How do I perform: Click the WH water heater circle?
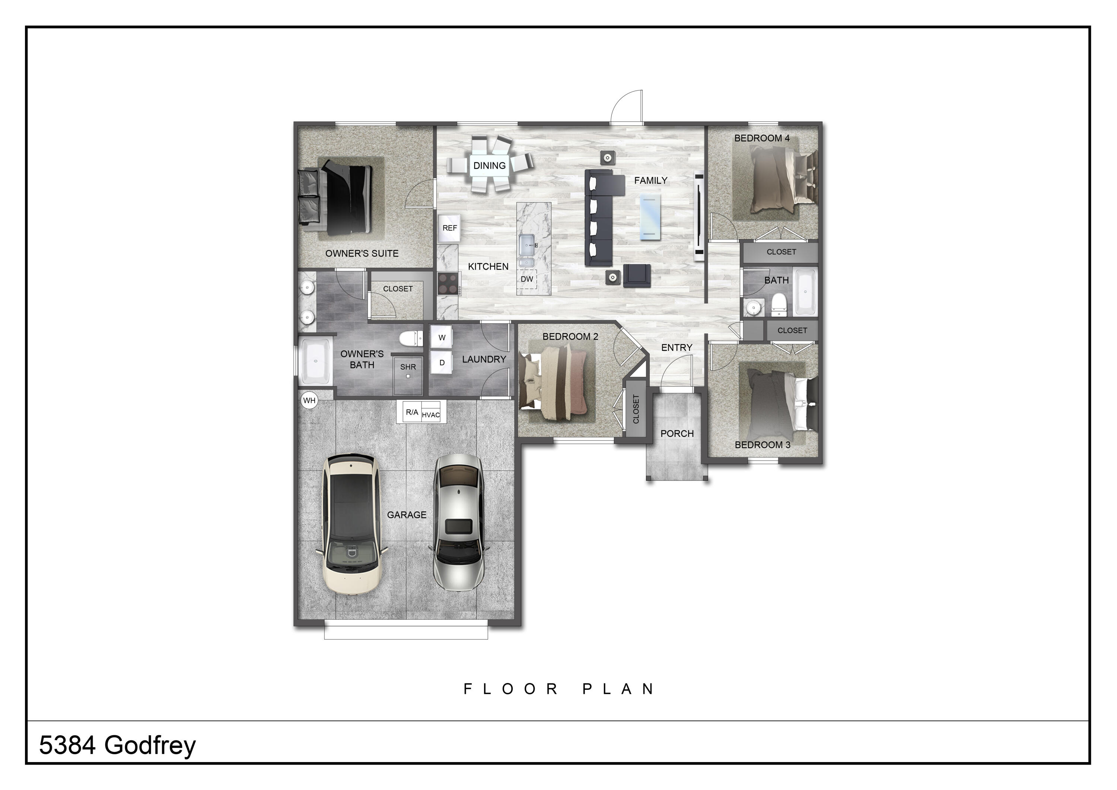coord(309,401)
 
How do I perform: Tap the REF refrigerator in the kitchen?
coord(449,228)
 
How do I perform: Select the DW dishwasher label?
coord(527,279)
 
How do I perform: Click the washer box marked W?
coord(442,337)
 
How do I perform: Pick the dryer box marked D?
coord(442,363)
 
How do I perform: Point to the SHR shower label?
coord(408,367)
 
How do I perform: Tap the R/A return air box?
coord(411,412)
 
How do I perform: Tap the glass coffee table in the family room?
coord(650,217)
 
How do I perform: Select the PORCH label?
coord(677,434)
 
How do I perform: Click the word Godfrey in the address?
coord(150,746)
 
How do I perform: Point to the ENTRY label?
coord(676,348)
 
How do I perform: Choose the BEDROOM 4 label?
coord(762,138)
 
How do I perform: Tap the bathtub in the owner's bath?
coord(316,362)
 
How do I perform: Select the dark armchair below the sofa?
coord(637,276)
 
